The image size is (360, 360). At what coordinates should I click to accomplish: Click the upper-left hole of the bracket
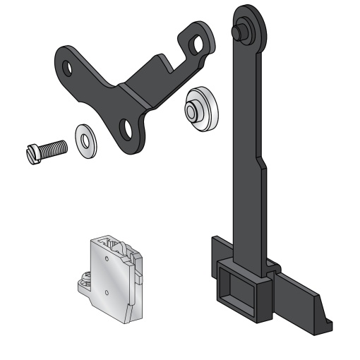68,67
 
